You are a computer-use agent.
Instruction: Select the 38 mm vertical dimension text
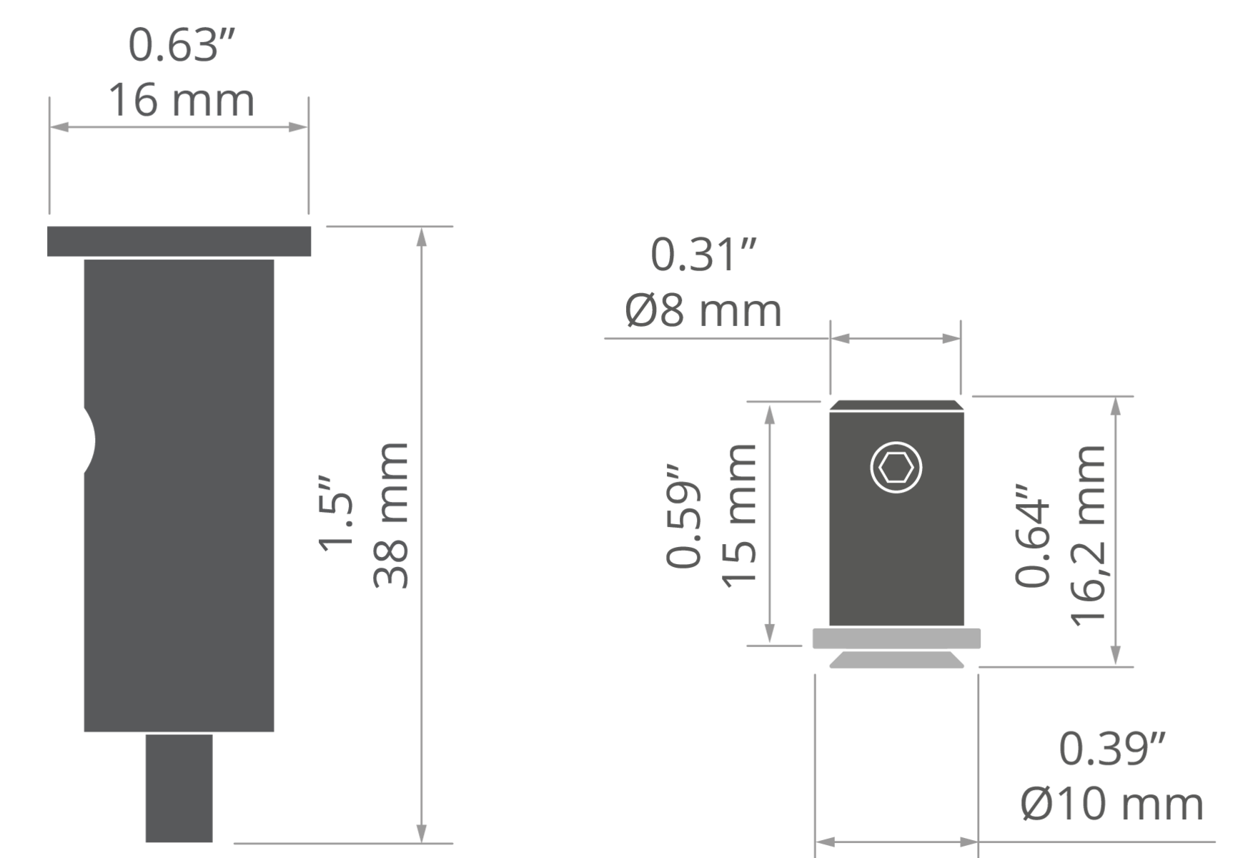tap(392, 515)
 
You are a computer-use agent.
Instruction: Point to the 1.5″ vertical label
tap(336, 512)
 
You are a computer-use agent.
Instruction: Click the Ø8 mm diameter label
tap(703, 310)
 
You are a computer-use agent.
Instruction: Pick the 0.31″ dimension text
tap(703, 255)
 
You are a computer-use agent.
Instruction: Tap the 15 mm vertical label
tap(739, 516)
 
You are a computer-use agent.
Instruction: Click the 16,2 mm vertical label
tap(1088, 536)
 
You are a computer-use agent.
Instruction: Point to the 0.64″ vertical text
tap(1033, 535)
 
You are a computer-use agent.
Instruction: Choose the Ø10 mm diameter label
tap(1112, 804)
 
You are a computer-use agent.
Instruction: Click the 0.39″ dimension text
tap(1112, 749)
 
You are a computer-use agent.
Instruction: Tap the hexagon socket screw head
tap(896, 468)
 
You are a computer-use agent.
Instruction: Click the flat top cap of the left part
tap(179, 241)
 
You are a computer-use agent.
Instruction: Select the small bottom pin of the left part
tap(179, 788)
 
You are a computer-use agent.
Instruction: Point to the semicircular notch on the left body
tap(89, 440)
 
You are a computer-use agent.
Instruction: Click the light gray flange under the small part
tap(896, 638)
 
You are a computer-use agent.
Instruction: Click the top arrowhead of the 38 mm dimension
tap(422, 236)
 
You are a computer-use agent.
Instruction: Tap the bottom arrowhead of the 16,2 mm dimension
tap(1116, 656)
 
